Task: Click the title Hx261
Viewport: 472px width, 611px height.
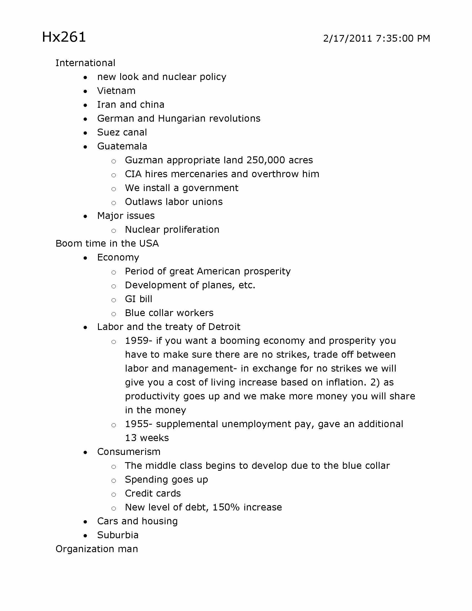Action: tap(64, 37)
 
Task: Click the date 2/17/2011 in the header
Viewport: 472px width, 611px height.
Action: tap(347, 39)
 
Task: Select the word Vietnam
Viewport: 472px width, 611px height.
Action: tap(116, 91)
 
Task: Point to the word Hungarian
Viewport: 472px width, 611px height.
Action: tap(182, 119)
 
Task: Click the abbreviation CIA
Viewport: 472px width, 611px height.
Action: tap(133, 174)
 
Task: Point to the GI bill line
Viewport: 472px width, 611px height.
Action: tap(139, 299)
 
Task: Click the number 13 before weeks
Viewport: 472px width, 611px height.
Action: tap(130, 438)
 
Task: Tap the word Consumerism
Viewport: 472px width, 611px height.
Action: tap(129, 452)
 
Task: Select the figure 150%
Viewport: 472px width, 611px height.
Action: tap(226, 507)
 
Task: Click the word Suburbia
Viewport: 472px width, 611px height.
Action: tap(118, 535)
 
